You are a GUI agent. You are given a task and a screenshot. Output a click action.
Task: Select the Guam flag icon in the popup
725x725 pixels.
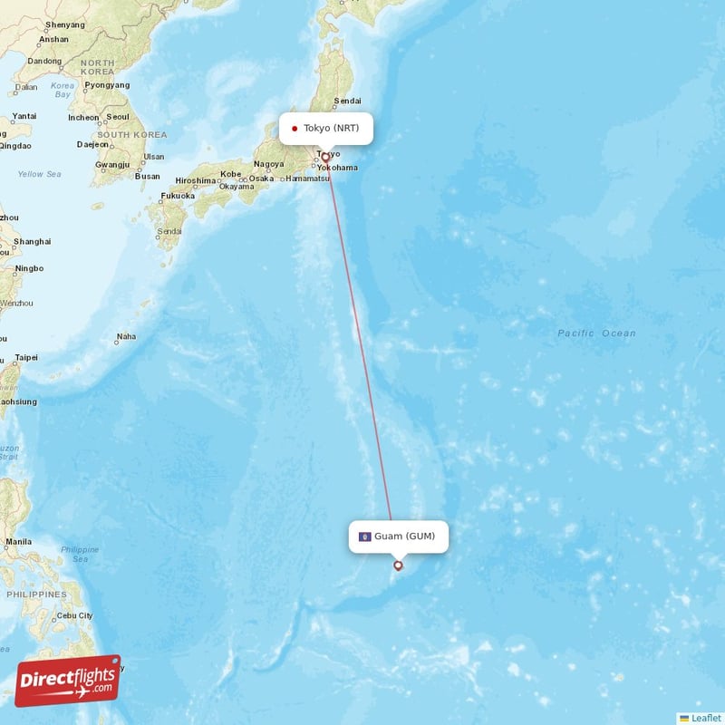coord(364,536)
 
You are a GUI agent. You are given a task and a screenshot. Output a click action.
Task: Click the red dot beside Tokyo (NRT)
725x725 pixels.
coord(295,129)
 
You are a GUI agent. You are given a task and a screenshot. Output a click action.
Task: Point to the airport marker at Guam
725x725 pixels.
coord(398,565)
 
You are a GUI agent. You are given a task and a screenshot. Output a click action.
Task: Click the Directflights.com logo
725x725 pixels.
coord(68,681)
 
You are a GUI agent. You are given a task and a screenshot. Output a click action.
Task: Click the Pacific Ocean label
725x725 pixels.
coord(596,333)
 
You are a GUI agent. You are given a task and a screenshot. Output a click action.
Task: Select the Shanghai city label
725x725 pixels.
coord(32,242)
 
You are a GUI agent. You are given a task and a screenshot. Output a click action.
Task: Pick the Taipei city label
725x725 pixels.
coord(26,357)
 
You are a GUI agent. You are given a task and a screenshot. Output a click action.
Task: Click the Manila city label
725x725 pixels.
coord(18,542)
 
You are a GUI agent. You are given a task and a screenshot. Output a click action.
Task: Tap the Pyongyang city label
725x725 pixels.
coord(107,84)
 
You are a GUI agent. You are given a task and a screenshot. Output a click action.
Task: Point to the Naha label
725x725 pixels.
coord(126,336)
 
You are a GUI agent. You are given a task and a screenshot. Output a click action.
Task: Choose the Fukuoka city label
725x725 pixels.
coord(178,196)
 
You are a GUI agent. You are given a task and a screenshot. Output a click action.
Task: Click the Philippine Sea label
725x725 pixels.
coord(80,555)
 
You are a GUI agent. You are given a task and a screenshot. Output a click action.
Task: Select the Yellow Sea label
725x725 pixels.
coord(39,174)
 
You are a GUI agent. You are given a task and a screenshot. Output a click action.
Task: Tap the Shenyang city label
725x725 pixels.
coord(64,24)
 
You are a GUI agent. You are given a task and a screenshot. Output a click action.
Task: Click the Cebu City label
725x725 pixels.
coord(73,615)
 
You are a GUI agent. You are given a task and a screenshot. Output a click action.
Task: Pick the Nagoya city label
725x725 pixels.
coord(268,164)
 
